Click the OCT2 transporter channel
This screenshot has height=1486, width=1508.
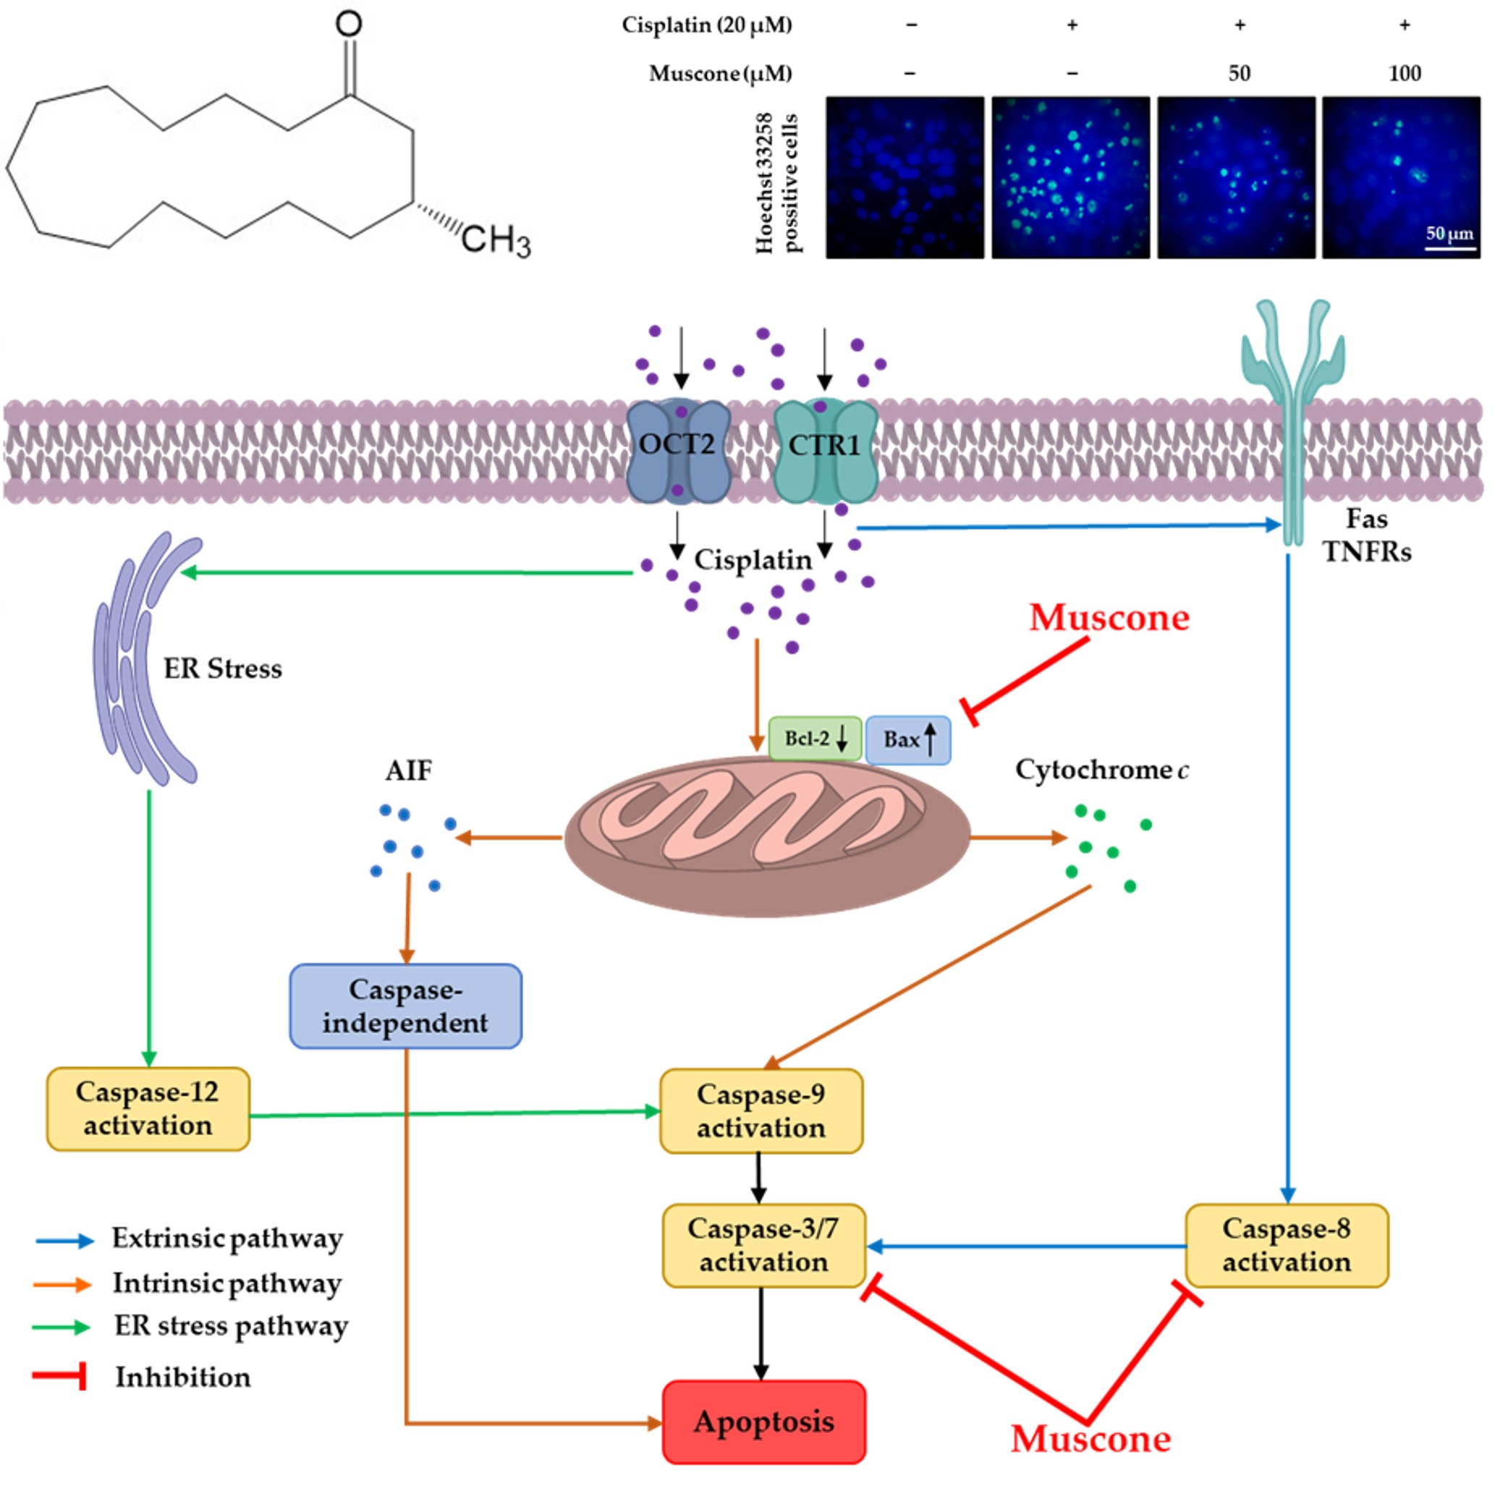click(677, 450)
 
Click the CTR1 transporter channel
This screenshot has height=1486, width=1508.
click(825, 451)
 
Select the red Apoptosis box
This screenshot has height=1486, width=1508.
click(763, 1422)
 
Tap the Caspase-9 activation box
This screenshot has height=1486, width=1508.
click(761, 1110)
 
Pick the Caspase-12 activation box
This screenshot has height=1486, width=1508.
click(148, 1108)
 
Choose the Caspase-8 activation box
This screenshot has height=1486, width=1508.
click(1286, 1245)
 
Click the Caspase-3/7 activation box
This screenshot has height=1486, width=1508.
click(763, 1245)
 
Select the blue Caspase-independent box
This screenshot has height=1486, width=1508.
click(405, 1005)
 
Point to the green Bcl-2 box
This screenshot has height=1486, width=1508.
click(815, 738)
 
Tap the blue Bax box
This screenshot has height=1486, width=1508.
click(907, 739)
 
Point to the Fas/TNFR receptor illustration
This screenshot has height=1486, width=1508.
click(1292, 406)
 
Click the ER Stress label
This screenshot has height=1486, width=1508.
click(222, 669)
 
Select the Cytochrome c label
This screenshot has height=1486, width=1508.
click(1101, 769)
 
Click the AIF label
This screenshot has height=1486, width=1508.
click(408, 770)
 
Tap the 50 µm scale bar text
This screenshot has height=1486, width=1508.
click(1449, 233)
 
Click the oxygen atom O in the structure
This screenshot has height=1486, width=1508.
click(348, 23)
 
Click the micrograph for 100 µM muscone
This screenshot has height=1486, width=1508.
click(1399, 177)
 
